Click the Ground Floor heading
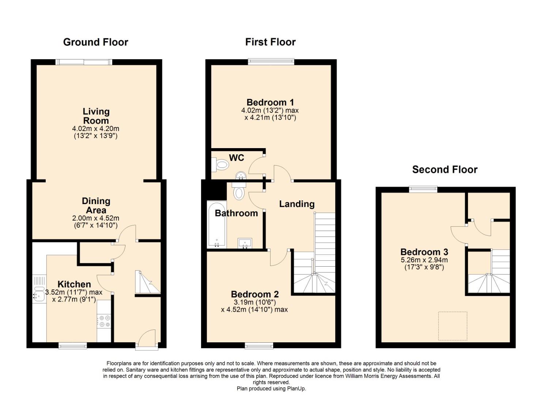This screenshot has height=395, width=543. tap(95, 42)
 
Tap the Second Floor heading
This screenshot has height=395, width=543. tap(445, 169)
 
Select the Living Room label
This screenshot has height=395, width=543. tap(96, 116)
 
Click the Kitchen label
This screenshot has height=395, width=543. tap(74, 284)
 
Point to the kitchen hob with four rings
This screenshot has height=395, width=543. tap(104, 321)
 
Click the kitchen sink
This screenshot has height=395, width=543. tap(39, 294)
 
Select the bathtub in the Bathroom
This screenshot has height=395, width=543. tap(217, 225)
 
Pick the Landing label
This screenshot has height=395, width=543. tap(297, 204)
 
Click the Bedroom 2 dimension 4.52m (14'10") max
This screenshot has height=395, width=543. tap(254, 310)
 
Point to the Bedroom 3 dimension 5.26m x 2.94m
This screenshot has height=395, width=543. tap(424, 260)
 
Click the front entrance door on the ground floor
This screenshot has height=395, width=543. tap(147, 339)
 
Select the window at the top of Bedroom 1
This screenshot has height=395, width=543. tap(271, 62)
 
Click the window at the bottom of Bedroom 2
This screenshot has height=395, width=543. tap(259, 345)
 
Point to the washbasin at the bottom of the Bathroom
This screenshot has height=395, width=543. tap(245, 243)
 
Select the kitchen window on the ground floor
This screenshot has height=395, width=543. tap(73, 345)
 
